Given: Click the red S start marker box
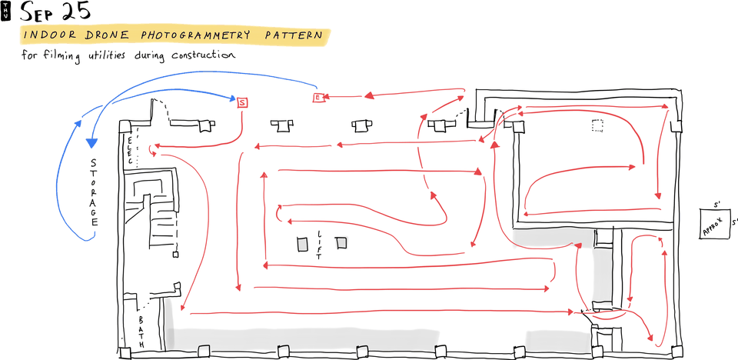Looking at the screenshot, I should point(242,102).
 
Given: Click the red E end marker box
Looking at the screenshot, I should point(317,98).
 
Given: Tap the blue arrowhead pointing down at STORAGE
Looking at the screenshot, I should point(91,142).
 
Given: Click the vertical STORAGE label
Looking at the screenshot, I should point(94,192).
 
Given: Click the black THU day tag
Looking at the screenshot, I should point(6,11).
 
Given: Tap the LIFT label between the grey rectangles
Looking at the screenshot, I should point(319,245).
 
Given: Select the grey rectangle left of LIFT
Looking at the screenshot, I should point(301,245).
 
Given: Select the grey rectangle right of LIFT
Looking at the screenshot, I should point(341,243).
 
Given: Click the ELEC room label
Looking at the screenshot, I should point(130,149).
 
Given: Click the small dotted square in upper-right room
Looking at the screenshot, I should point(597,125).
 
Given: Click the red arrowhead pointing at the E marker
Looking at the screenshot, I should point(327,96).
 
